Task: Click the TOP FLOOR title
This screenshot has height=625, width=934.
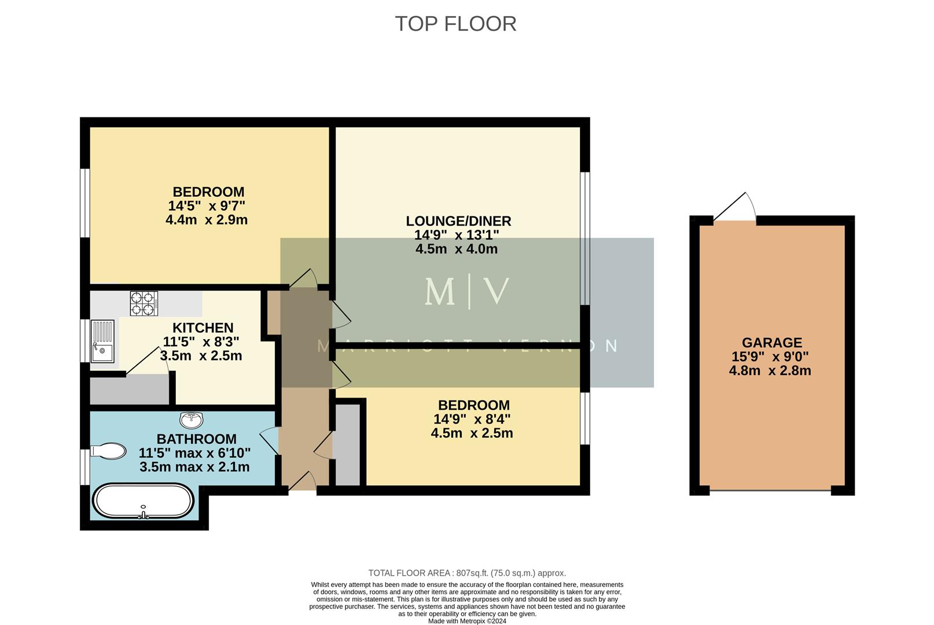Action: click(455, 24)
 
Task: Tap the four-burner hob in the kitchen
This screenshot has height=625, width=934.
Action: click(144, 303)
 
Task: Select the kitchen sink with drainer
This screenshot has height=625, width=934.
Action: click(102, 341)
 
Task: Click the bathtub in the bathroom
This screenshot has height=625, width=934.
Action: click(143, 501)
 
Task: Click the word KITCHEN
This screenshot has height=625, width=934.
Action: click(203, 328)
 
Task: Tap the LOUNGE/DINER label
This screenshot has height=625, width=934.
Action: click(458, 221)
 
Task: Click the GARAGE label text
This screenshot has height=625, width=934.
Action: click(771, 343)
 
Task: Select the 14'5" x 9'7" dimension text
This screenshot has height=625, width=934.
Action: click(207, 206)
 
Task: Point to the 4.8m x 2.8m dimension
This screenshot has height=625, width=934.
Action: click(770, 371)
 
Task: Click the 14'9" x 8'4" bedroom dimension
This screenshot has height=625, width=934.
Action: click(472, 419)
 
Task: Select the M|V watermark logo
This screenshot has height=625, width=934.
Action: click(466, 292)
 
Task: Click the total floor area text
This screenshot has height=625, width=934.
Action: click(466, 573)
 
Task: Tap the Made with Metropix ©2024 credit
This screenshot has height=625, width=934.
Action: click(466, 621)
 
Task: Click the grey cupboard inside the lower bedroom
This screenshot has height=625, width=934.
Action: click(347, 444)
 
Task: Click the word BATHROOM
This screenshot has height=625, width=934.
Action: click(196, 439)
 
